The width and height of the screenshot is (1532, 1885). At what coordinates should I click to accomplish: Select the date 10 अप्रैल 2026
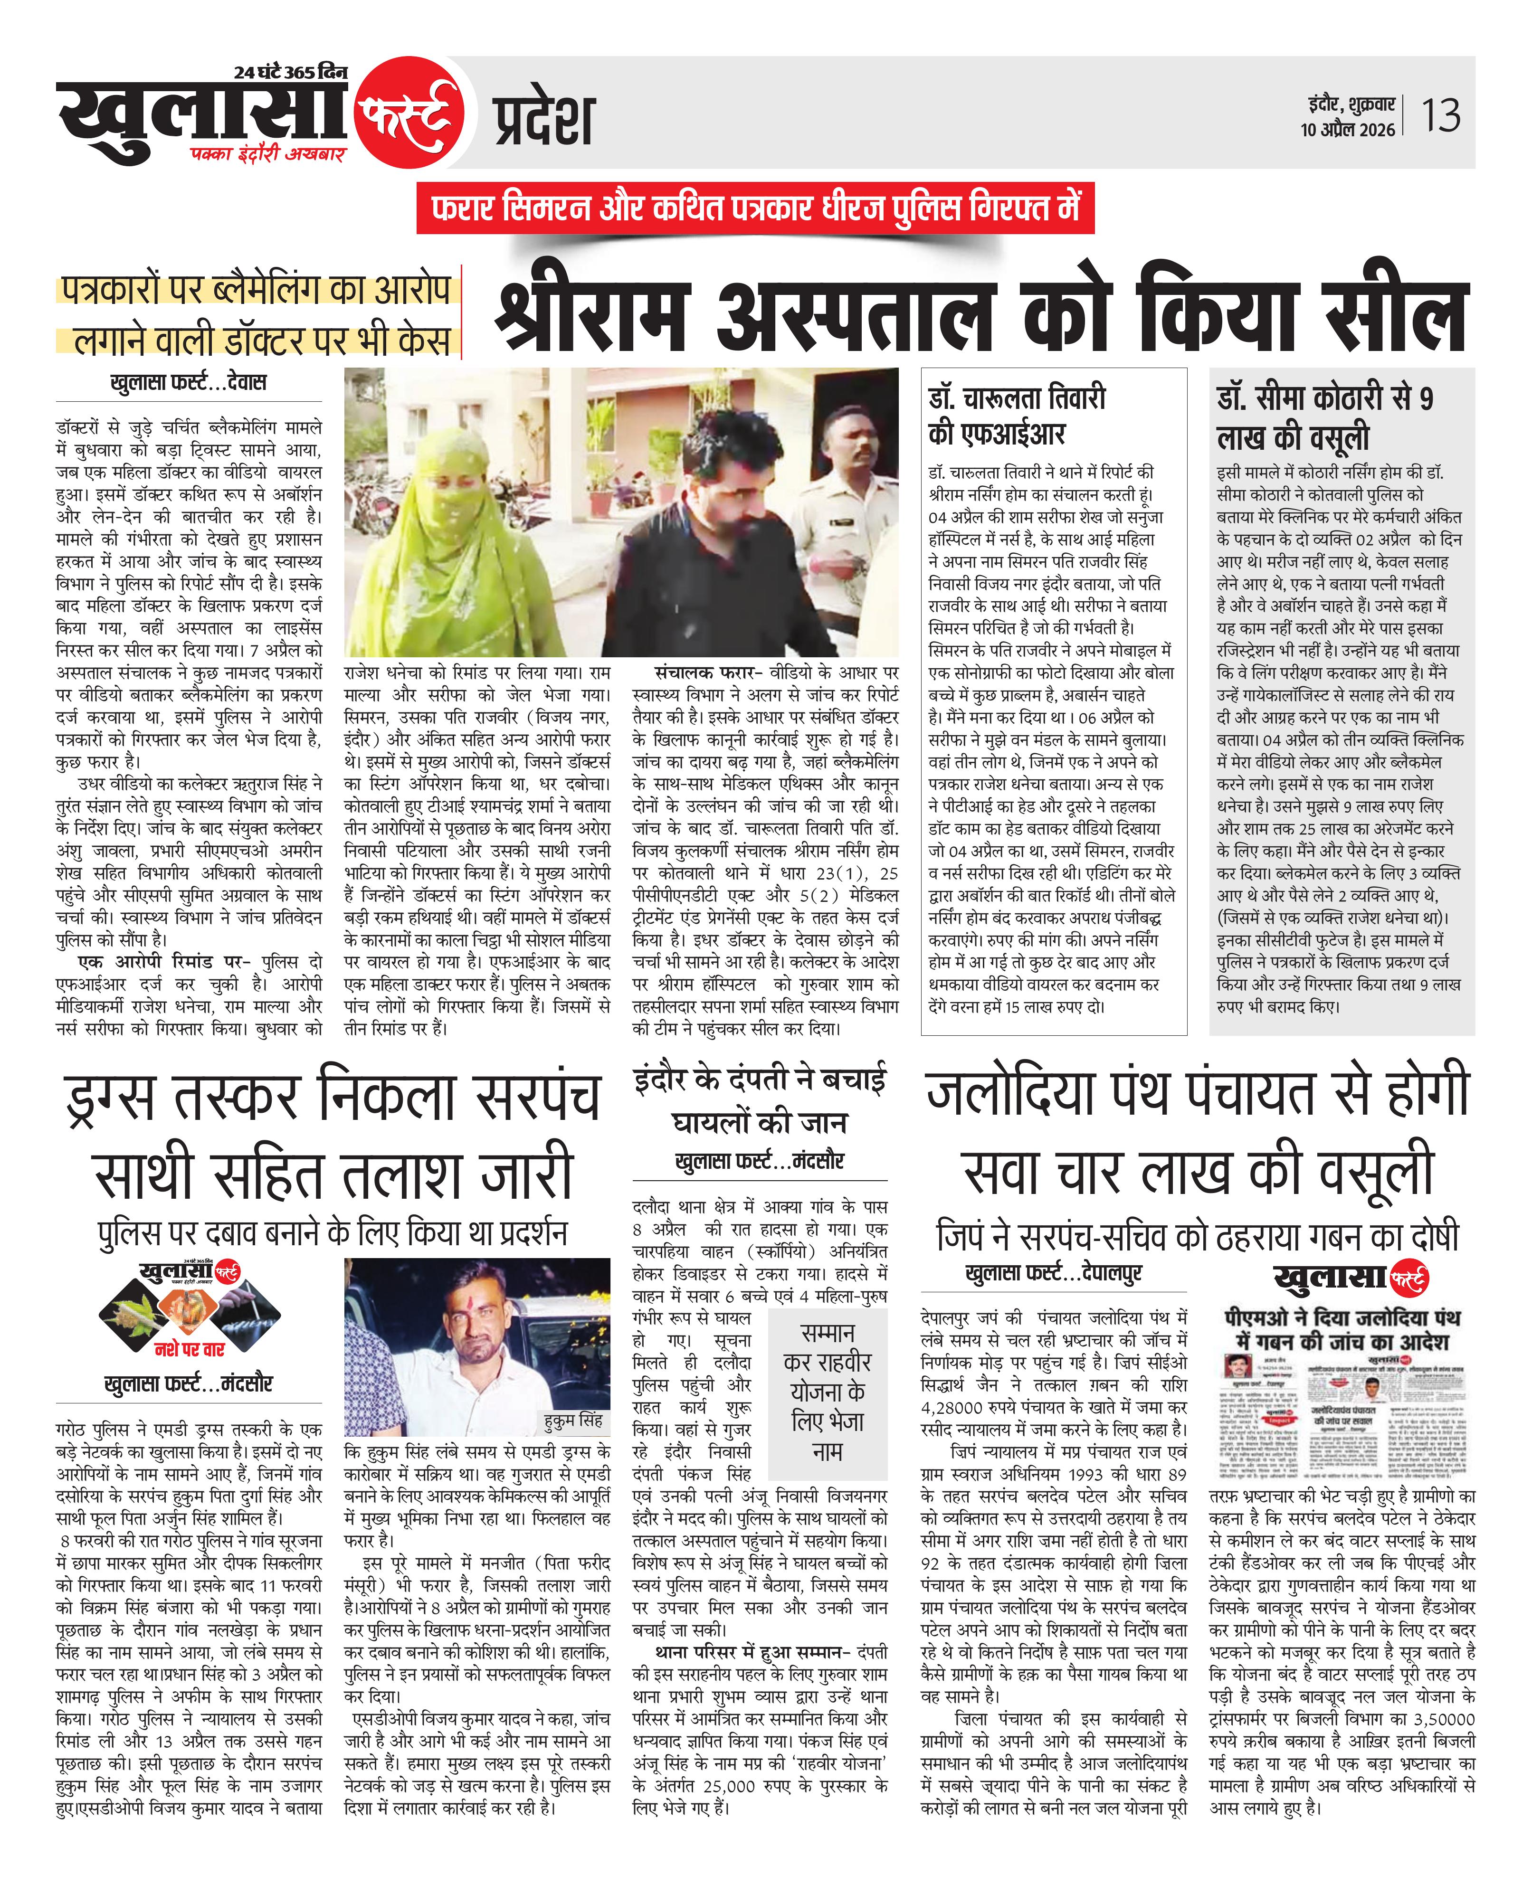[1348, 130]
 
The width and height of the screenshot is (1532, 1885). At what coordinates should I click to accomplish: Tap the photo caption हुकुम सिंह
[573, 1420]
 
